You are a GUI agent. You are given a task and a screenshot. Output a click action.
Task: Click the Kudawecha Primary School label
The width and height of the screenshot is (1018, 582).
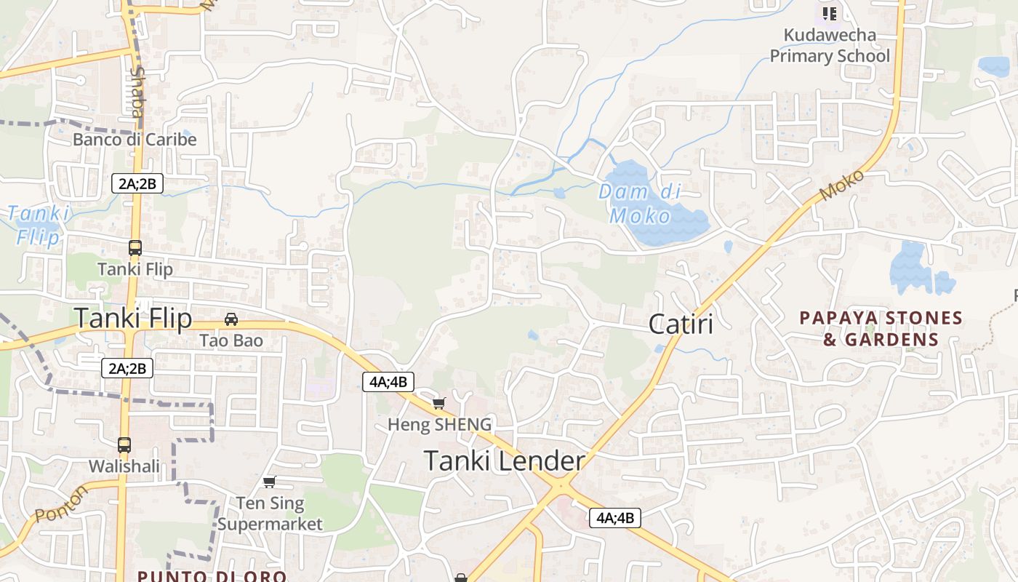point(830,45)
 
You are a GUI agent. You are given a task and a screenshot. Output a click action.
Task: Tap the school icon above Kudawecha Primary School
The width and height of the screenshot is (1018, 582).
point(830,13)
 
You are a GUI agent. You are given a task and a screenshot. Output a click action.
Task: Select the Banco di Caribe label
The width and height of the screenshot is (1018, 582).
point(135,140)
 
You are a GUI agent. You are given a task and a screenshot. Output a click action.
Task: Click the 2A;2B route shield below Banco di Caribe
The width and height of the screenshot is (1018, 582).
point(137,183)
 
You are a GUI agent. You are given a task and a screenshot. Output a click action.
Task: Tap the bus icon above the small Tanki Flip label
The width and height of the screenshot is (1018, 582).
point(135,248)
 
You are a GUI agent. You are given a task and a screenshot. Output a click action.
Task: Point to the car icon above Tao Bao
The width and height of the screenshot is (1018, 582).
point(231,319)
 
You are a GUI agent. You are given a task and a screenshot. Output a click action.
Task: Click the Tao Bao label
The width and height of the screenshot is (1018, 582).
point(231,340)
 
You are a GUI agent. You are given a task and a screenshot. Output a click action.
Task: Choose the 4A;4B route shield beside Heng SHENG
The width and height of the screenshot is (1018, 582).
point(388,381)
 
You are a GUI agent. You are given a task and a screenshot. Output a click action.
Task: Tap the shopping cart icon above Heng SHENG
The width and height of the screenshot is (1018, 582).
point(438,403)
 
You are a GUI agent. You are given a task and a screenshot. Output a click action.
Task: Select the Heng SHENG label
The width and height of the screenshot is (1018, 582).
point(439,424)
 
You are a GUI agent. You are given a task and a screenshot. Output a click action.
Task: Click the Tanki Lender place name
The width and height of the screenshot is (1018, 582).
point(504,461)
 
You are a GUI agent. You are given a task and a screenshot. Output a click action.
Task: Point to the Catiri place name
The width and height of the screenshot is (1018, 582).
point(681,324)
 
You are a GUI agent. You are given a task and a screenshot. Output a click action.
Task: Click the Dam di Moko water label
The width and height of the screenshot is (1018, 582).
point(640,204)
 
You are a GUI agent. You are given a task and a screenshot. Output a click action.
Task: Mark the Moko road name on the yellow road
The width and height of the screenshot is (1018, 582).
point(842,186)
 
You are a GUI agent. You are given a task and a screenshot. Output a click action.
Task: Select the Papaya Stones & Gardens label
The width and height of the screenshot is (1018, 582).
point(881,329)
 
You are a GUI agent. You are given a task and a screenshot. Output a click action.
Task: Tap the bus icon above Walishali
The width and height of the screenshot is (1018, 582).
point(124,445)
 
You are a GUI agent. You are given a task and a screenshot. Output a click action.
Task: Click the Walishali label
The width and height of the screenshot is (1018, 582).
point(124,466)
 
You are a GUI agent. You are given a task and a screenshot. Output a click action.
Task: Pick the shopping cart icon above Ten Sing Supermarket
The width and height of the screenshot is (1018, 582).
point(270,482)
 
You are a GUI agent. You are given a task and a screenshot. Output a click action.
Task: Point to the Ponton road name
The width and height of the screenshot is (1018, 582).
point(61,503)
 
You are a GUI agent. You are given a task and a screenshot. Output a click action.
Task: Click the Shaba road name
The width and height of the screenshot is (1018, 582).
point(136,92)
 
